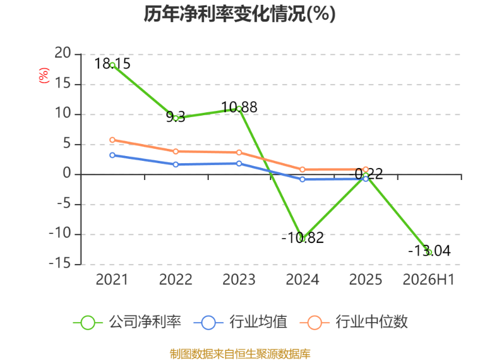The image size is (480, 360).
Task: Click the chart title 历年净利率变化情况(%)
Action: coord(239,14)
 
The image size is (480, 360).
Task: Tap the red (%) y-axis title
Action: coord(44,76)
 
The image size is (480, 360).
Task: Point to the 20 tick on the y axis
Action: coord(63,53)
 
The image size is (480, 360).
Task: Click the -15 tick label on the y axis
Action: coord(60,263)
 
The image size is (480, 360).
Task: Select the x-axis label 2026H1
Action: coord(428,280)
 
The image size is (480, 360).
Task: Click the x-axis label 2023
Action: coord(239,280)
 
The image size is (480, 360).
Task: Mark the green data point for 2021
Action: coord(112,65)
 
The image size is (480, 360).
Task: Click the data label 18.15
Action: coord(112,64)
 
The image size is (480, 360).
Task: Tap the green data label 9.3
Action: coord(176,116)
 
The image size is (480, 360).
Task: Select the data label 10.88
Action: coord(239,107)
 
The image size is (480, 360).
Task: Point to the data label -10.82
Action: coord(302,238)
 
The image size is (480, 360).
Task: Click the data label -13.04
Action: coord(429,251)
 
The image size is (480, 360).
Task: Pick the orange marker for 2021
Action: coord(112,140)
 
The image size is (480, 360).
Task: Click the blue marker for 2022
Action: coord(176,164)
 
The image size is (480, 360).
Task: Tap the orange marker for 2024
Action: coord(302,169)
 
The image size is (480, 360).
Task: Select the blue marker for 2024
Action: coord(302,179)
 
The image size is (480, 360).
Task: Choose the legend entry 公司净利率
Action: coord(127,322)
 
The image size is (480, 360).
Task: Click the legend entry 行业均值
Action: coord(241,322)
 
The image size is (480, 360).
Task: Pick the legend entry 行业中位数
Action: coord(353,322)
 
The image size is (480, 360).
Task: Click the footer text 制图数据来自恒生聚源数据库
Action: coord(240,354)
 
